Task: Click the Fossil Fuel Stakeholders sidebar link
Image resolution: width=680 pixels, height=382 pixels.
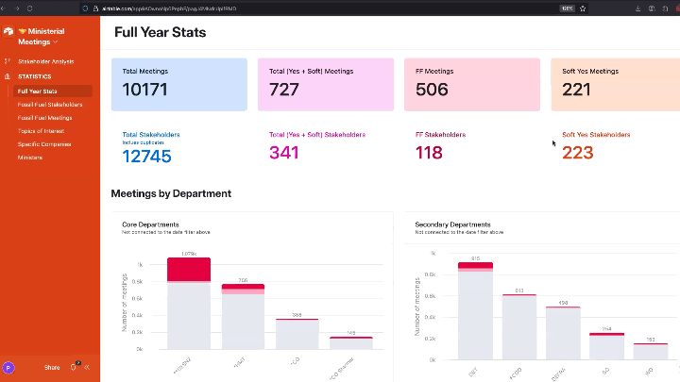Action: click(x=50, y=105)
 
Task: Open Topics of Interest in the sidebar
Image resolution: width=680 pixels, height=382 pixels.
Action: click(x=41, y=131)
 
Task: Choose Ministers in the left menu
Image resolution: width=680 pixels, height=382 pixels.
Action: click(x=29, y=158)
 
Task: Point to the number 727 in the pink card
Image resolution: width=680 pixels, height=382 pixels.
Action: click(x=284, y=90)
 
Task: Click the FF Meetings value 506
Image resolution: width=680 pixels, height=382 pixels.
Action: click(x=432, y=90)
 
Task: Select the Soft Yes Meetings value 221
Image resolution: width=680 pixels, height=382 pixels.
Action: click(x=577, y=90)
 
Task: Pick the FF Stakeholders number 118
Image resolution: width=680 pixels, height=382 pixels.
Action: click(x=429, y=153)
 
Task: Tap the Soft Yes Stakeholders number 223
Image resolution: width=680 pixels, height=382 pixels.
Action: click(x=577, y=153)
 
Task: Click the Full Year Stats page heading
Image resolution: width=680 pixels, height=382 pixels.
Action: click(x=160, y=32)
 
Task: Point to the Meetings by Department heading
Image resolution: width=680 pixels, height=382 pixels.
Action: click(x=171, y=193)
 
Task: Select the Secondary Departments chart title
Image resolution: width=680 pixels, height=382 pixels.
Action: click(x=452, y=224)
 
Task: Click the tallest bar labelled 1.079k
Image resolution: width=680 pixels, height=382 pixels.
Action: click(x=189, y=302)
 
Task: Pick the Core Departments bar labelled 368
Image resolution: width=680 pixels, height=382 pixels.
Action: click(x=297, y=333)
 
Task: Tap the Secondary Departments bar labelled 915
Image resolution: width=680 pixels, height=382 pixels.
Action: click(x=475, y=311)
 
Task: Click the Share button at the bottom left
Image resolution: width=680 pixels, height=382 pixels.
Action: click(x=52, y=367)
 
